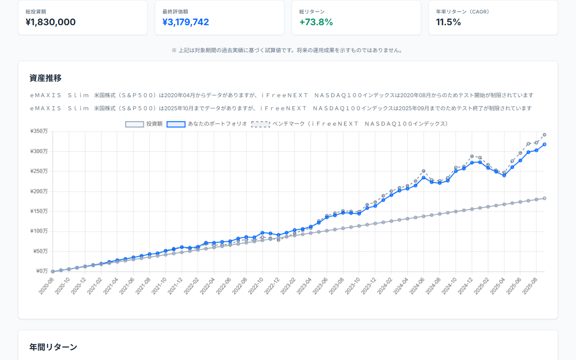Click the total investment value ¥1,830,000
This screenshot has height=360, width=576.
coord(50,22)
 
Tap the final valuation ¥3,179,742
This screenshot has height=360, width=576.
coord(185,22)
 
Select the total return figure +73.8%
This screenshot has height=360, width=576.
coord(316,22)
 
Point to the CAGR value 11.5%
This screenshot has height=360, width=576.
coord(448,22)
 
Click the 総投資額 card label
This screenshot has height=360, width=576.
coord(36,12)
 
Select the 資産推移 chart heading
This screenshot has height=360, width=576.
coord(45,78)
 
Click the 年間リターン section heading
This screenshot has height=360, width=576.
coord(53,347)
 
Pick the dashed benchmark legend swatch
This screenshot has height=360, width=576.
coord(260,124)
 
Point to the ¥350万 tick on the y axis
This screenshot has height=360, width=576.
coord(39,131)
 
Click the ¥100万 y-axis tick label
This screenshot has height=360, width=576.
coord(39,231)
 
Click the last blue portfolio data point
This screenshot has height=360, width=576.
coord(544,144)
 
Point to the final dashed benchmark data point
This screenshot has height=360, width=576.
coord(544,135)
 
